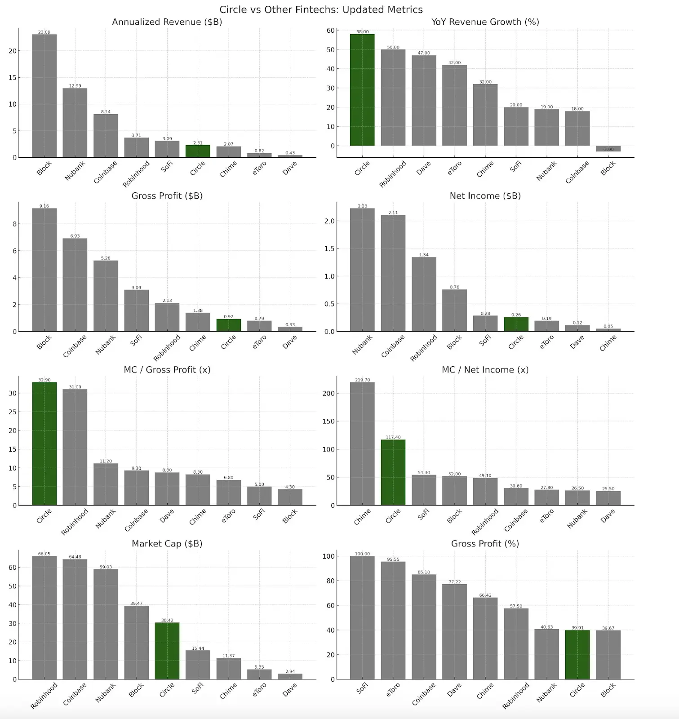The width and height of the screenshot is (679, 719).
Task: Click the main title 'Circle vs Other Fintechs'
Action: (x=321, y=9)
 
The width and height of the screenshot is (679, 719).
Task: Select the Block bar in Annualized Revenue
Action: (x=44, y=96)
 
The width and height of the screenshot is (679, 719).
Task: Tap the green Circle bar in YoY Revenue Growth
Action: (x=362, y=90)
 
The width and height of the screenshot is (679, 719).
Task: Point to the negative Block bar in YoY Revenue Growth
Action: (x=608, y=149)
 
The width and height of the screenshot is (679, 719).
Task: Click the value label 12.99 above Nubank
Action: (x=75, y=86)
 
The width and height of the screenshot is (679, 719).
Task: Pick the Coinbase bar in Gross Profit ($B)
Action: (x=75, y=285)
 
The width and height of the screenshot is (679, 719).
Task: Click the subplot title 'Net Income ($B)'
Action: (x=485, y=196)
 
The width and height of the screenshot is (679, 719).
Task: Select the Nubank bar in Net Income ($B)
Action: (x=362, y=270)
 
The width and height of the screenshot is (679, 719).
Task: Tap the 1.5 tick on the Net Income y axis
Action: (x=329, y=249)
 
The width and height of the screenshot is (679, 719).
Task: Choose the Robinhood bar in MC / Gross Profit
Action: (x=75, y=447)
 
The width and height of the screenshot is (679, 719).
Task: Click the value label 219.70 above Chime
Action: (x=362, y=380)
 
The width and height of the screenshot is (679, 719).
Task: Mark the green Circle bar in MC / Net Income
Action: (x=393, y=472)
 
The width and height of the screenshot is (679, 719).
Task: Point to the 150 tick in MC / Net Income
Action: (x=328, y=422)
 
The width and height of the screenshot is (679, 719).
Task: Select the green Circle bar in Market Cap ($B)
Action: (x=167, y=651)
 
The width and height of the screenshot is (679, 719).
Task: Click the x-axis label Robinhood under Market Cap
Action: (x=44, y=696)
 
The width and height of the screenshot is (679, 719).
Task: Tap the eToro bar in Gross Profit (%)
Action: (x=393, y=620)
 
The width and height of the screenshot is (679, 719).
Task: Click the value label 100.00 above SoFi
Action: (x=362, y=554)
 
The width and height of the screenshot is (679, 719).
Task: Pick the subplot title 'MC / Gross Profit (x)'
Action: (x=167, y=370)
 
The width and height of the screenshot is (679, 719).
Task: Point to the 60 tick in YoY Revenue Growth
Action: (x=331, y=31)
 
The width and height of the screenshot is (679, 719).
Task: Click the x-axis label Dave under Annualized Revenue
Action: (x=290, y=168)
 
